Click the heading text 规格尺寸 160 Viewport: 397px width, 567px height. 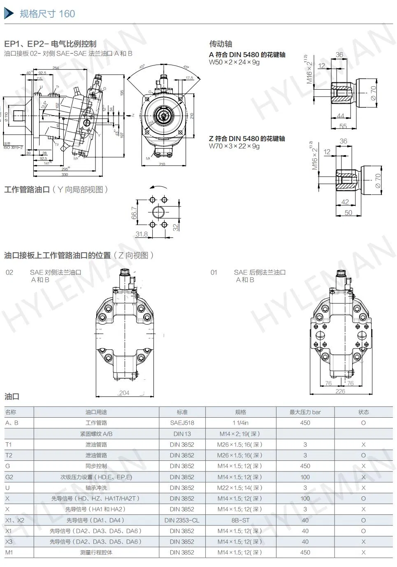47,14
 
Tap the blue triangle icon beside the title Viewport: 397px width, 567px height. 9,14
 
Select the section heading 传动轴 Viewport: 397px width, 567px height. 221,44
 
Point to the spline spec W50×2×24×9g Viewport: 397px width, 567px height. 234,62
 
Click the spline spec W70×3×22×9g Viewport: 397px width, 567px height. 234,146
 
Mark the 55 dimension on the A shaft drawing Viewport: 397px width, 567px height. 343,126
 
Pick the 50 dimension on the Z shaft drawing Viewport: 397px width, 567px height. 348,213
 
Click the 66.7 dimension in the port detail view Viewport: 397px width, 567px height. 135,213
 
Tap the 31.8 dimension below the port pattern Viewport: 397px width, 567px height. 141,234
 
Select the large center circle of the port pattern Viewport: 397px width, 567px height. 158,212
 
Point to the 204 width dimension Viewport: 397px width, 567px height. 124,393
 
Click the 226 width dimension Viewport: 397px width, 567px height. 340,391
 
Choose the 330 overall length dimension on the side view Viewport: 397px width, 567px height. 65,174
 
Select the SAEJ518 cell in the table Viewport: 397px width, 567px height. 182,423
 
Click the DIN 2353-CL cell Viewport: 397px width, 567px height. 182,520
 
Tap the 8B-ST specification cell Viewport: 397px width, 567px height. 240,520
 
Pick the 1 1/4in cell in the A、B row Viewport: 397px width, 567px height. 240,423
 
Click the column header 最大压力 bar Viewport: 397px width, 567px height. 305,412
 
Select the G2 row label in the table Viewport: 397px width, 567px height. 9,477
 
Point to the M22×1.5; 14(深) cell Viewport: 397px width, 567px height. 239,488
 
